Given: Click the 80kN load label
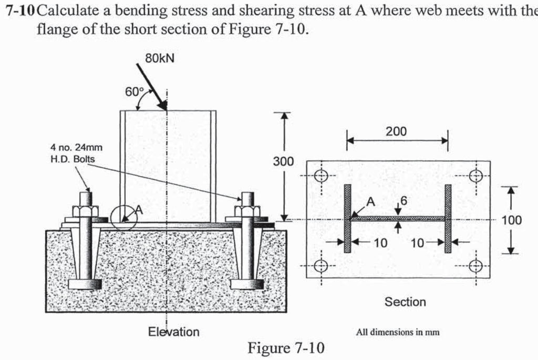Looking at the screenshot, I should tap(159, 58).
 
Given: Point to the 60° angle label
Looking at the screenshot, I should tap(133, 91).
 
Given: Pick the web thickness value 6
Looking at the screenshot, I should tap(403, 200).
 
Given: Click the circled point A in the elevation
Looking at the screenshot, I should tap(124, 217).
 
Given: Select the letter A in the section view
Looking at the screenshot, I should tap(371, 201).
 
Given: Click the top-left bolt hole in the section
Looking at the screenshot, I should tap(321, 176).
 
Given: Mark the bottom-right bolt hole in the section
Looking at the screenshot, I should tap(475, 265).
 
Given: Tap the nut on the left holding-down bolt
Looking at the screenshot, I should tap(86, 211).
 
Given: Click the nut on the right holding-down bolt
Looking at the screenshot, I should tap(247, 211).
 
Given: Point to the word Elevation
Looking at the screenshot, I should tap(174, 332).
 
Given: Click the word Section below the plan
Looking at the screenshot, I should tap(405, 302).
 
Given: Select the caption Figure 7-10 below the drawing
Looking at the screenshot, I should tap(286, 348).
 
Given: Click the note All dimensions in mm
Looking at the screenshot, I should tap(398, 332).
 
